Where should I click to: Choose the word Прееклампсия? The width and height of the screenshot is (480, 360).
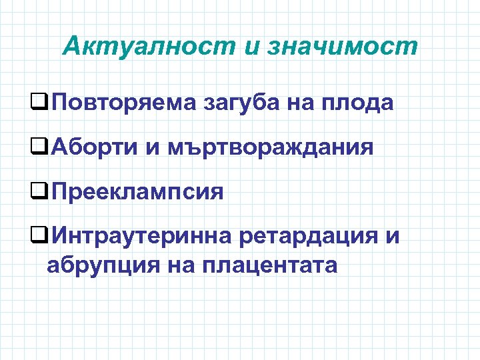(x=137, y=192)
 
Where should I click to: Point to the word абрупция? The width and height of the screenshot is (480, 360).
(x=94, y=265)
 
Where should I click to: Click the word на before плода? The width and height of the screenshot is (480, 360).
(x=306, y=103)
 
